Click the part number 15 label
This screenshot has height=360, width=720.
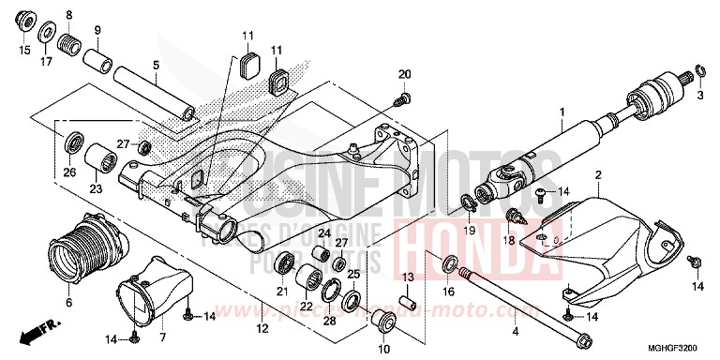24,50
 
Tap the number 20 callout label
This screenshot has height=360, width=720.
404,74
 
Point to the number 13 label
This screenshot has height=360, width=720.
409,278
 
